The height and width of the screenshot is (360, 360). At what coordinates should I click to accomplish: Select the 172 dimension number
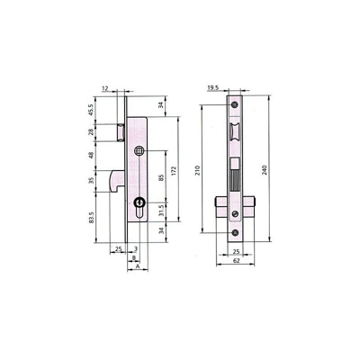175,170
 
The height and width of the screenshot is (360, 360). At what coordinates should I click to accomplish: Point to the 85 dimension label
161,177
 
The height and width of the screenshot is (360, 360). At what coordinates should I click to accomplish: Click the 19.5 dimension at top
213,87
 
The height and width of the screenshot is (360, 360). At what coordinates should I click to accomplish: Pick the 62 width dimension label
237,261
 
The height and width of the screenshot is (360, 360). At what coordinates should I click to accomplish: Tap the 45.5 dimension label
92,110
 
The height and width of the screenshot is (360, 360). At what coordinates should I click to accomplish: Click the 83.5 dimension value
92,218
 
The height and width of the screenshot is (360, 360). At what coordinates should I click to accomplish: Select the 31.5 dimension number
161,211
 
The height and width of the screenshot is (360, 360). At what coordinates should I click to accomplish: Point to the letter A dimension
138,266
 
